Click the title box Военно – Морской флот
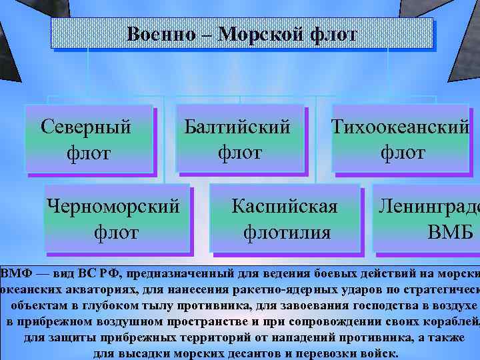(242, 33)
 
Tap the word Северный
(86, 125)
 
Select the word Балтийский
(238, 125)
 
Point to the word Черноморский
(114, 206)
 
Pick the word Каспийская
(285, 206)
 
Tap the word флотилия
(287, 233)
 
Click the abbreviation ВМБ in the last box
(450, 233)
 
